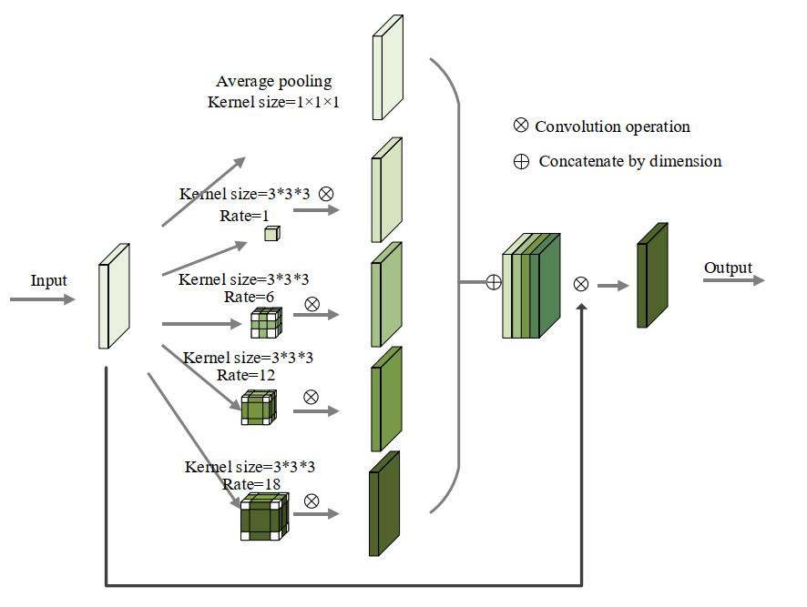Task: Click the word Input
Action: pyautogui.click(x=49, y=280)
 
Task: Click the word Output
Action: pyautogui.click(x=728, y=268)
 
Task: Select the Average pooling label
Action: pyautogui.click(x=273, y=82)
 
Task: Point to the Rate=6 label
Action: pyautogui.click(x=249, y=297)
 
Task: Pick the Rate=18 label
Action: pyautogui.click(x=250, y=484)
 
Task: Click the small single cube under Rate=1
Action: pyautogui.click(x=271, y=234)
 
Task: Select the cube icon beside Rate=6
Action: pyautogui.click(x=268, y=323)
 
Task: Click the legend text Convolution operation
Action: pyautogui.click(x=612, y=126)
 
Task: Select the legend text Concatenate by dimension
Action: pyautogui.click(x=629, y=161)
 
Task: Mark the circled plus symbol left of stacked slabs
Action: pyautogui.click(x=494, y=282)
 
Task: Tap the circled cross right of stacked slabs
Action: pyautogui.click(x=581, y=284)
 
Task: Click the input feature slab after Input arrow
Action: pyautogui.click(x=115, y=296)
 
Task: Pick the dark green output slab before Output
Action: pyautogui.click(x=653, y=274)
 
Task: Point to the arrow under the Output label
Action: pyautogui.click(x=733, y=280)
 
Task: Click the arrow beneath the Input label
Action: pyautogui.click(x=43, y=298)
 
